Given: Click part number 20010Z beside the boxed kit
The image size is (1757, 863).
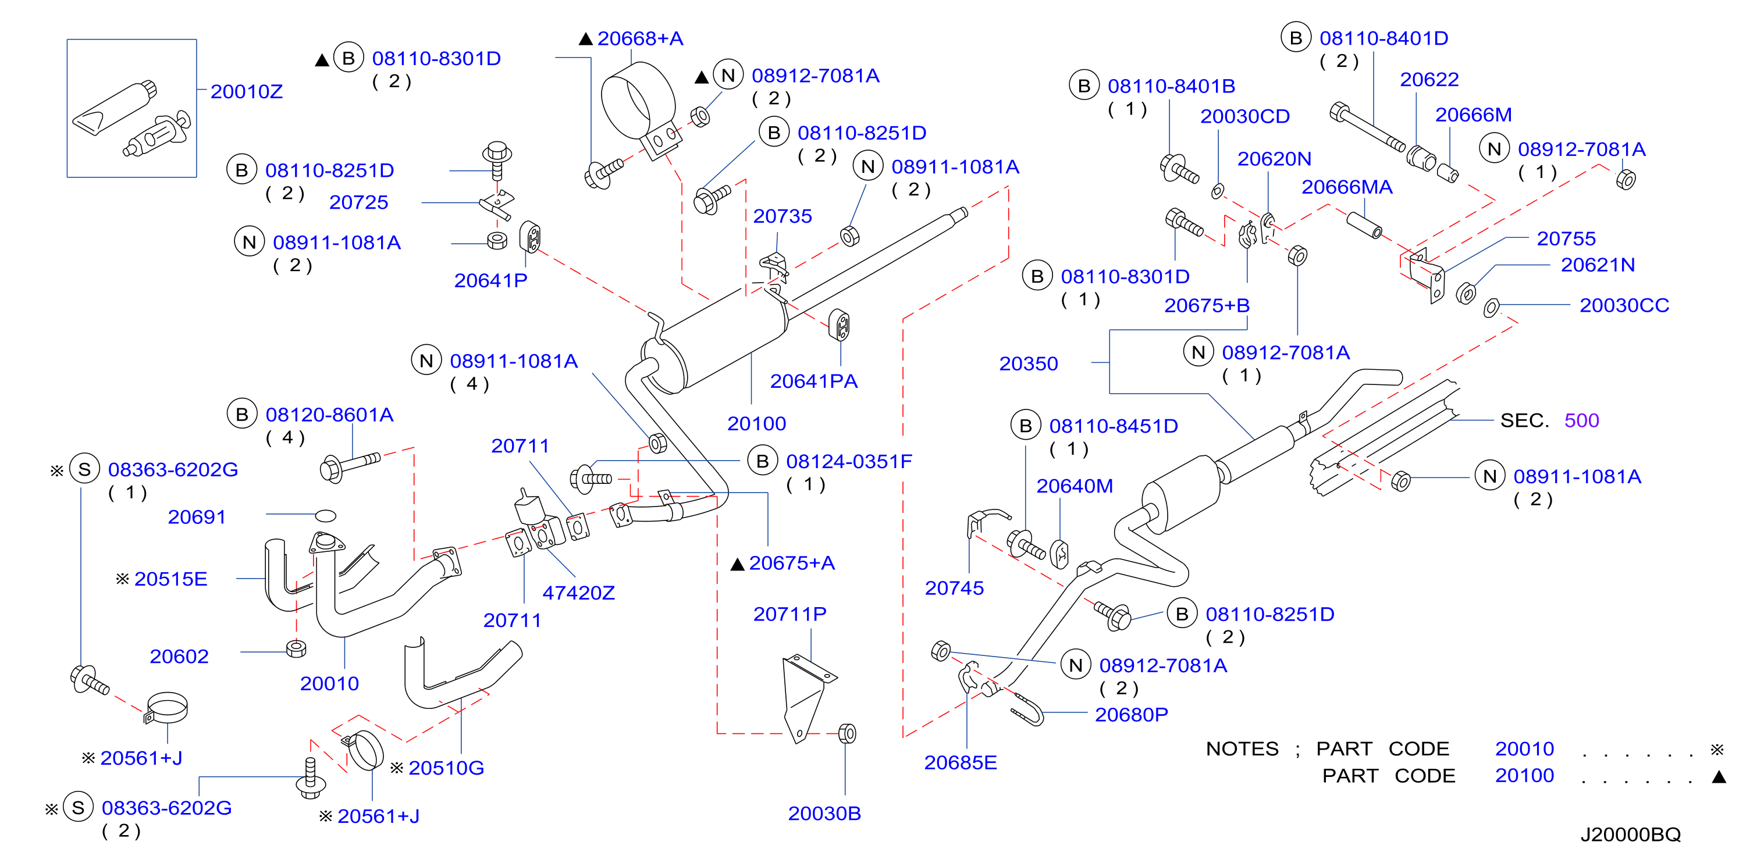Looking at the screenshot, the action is [x=246, y=91].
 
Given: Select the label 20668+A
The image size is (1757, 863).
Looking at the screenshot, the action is [x=640, y=38].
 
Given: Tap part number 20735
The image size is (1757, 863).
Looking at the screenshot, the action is [x=783, y=216].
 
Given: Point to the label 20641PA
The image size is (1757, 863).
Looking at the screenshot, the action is [x=814, y=381].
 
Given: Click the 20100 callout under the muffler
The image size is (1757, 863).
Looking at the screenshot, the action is [x=756, y=423].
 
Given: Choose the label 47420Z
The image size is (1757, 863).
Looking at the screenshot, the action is [x=578, y=593].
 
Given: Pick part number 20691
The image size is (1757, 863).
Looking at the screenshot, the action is [x=197, y=517].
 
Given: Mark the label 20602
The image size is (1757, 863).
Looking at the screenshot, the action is [x=179, y=656].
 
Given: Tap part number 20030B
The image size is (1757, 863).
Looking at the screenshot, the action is [x=824, y=812].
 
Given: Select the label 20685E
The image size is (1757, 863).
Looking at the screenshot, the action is [x=961, y=762].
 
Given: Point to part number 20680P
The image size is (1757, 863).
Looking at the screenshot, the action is [x=1131, y=714].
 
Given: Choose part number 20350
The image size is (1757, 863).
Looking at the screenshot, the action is [x=1029, y=363].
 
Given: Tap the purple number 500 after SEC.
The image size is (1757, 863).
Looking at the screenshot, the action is [x=1581, y=420].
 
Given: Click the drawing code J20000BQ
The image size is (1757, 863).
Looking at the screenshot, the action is [x=1630, y=835].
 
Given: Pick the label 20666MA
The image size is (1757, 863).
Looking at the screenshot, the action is [x=1346, y=187].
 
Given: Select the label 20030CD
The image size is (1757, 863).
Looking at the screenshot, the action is [x=1245, y=116].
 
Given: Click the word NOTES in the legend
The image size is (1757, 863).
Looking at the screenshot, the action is [x=1242, y=748].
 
